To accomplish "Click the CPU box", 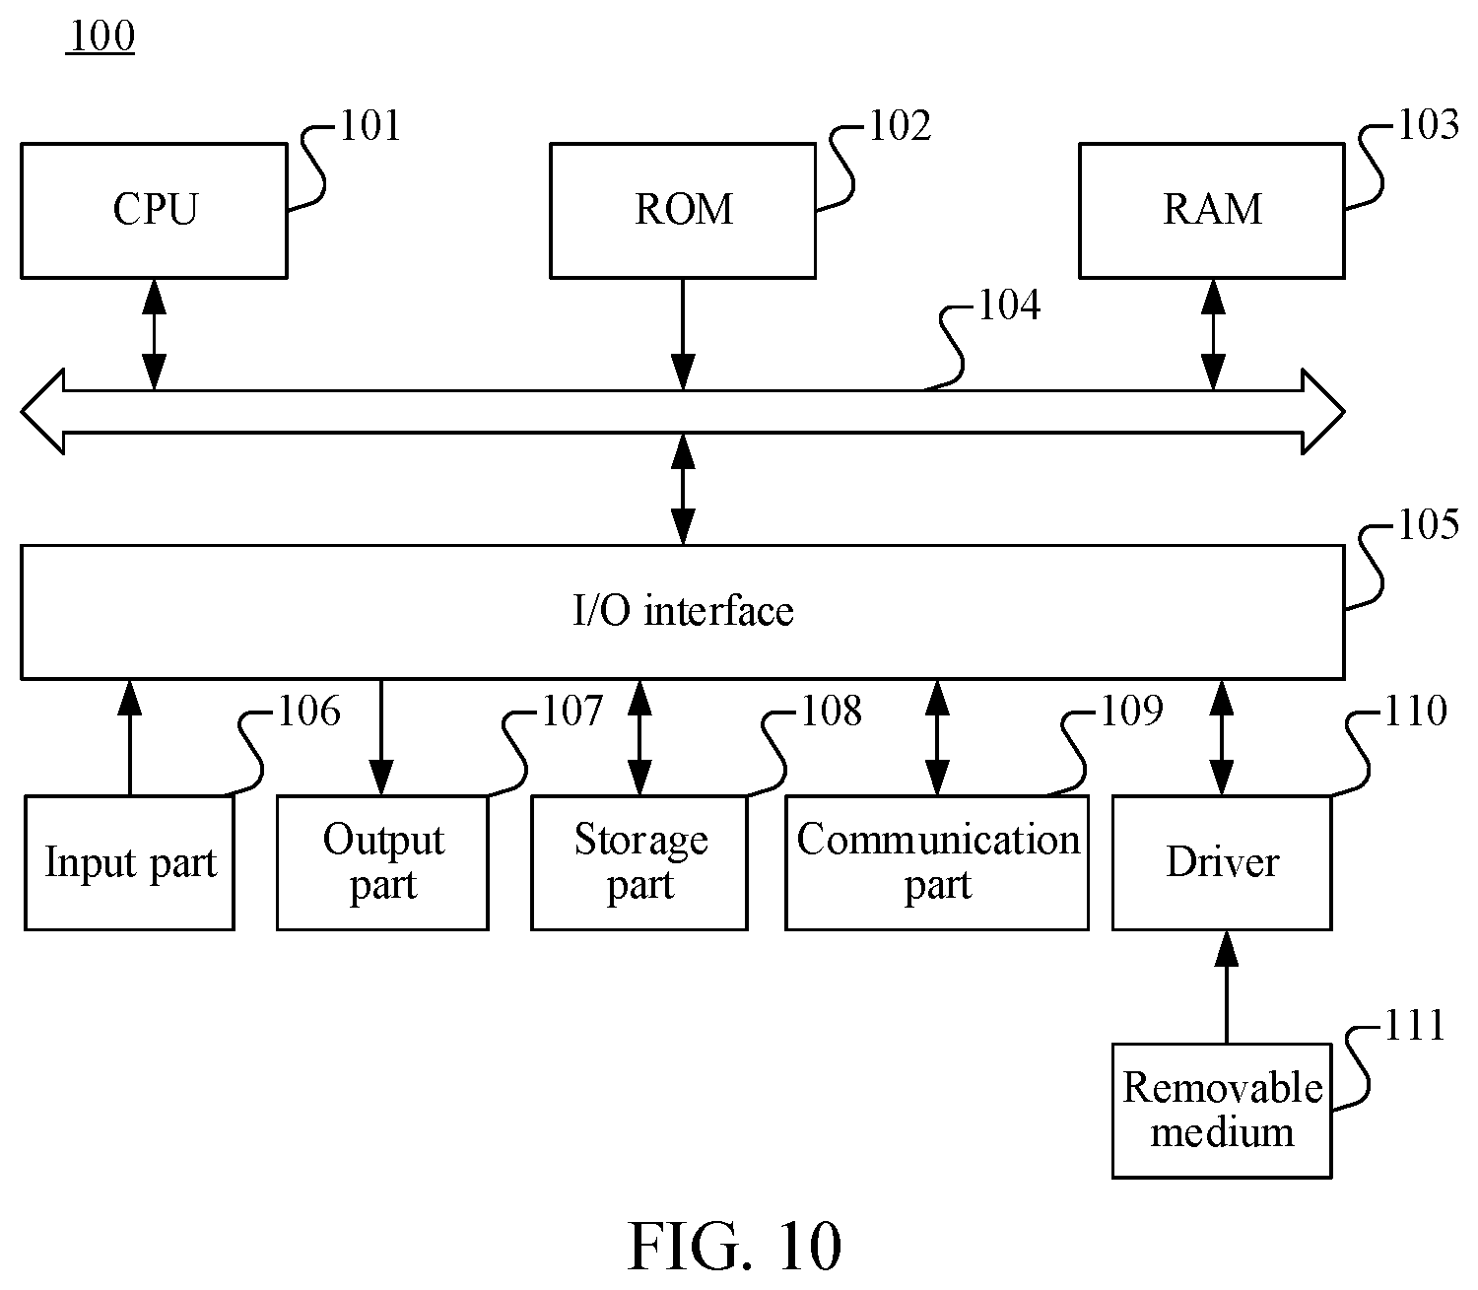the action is (x=154, y=211).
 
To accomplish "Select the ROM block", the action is (x=683, y=211).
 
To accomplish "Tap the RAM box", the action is (x=1211, y=211).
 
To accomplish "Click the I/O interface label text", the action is (x=683, y=610).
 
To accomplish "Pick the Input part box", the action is (x=129, y=863).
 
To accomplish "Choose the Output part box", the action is (x=382, y=863).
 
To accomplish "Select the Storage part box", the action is (x=639, y=863).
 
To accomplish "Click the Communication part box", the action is (x=937, y=863).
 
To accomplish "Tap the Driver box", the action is (x=1222, y=863).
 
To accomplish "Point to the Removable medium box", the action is (x=1222, y=1111).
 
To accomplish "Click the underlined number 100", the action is (x=101, y=36).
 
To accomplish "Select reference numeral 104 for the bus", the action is (x=1009, y=305).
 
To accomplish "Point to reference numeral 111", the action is (x=1414, y=1025).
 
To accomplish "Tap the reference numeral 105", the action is (x=1429, y=524).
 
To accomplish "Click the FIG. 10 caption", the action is (x=735, y=1246).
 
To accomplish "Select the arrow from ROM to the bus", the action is (x=683, y=334).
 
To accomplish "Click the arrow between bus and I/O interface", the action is (x=683, y=489).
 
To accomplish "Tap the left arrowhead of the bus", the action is (x=42, y=412).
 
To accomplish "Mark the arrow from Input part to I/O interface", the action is (x=129, y=737).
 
